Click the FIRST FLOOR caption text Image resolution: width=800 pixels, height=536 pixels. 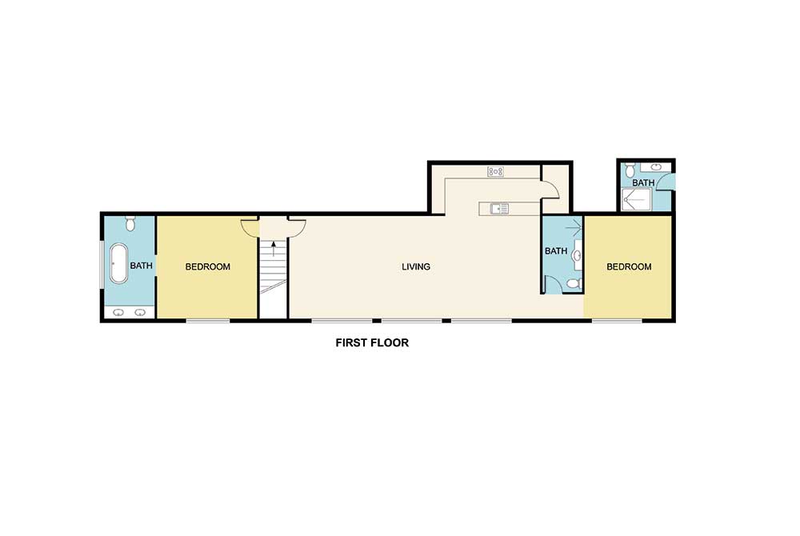(371, 343)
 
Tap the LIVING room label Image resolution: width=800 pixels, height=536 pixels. (416, 266)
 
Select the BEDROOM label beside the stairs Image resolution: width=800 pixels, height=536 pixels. (207, 266)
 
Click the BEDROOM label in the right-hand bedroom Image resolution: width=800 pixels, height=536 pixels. (628, 266)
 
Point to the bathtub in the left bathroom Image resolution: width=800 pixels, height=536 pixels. (118, 264)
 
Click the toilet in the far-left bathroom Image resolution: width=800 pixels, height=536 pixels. (130, 223)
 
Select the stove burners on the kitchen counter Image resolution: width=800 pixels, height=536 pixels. (495, 171)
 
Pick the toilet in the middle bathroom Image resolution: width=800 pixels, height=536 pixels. (571, 284)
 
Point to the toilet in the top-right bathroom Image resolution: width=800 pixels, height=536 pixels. (630, 170)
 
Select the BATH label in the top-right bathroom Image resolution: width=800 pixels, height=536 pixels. (643, 182)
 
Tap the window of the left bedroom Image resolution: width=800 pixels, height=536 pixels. (208, 321)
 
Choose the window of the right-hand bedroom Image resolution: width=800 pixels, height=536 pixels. (617, 321)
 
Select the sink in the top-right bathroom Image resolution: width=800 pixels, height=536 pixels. (657, 166)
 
